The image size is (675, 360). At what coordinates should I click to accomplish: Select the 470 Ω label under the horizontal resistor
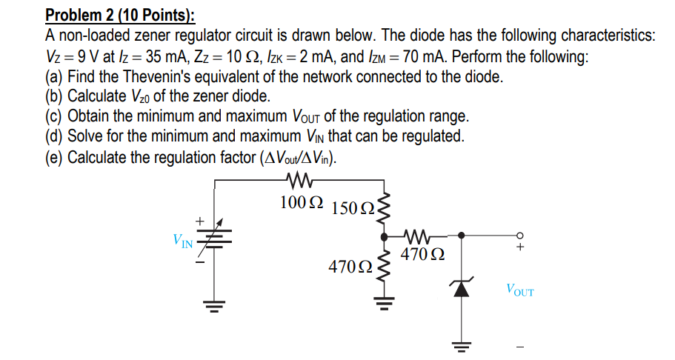422,256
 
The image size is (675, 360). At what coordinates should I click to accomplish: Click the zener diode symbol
462,289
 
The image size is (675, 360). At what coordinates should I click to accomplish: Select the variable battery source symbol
216,238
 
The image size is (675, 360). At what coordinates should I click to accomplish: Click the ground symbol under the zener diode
462,347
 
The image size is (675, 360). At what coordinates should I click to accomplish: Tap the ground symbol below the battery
216,307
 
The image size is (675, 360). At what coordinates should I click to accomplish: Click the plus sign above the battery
199,220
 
